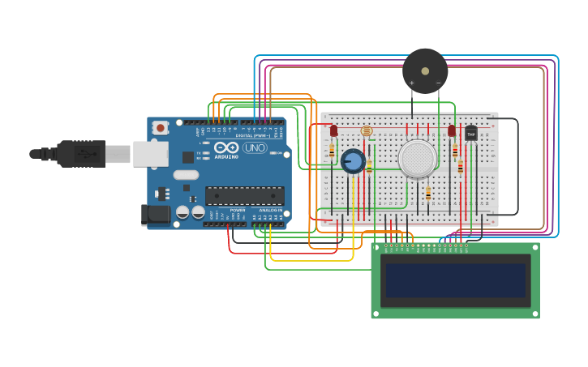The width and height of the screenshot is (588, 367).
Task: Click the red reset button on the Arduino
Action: tap(161, 127)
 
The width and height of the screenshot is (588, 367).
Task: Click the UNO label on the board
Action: tap(255, 148)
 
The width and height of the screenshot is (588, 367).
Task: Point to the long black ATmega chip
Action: tap(245, 195)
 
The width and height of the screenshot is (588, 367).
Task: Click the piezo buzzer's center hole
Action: tap(425, 71)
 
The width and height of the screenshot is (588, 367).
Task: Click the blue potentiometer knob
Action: tap(353, 161)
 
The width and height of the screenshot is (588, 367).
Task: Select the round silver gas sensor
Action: tap(418, 159)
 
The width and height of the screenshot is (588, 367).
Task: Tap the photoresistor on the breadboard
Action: tap(366, 130)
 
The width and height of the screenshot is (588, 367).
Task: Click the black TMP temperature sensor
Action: tap(470, 134)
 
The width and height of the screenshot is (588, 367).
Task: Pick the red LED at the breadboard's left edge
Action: tap(333, 130)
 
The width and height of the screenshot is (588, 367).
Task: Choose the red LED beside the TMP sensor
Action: tap(452, 130)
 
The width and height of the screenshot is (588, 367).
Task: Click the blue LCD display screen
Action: tap(455, 280)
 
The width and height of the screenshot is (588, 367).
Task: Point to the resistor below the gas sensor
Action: tap(428, 194)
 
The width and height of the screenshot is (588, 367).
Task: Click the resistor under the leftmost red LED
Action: tap(332, 151)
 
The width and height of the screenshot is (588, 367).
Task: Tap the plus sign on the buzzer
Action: tap(412, 83)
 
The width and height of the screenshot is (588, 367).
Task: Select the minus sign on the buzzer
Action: tap(438, 83)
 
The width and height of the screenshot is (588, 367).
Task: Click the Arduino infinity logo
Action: tap(228, 148)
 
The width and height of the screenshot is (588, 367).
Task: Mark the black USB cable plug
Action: tap(81, 153)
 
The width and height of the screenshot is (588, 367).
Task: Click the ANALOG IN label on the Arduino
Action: tap(271, 210)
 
